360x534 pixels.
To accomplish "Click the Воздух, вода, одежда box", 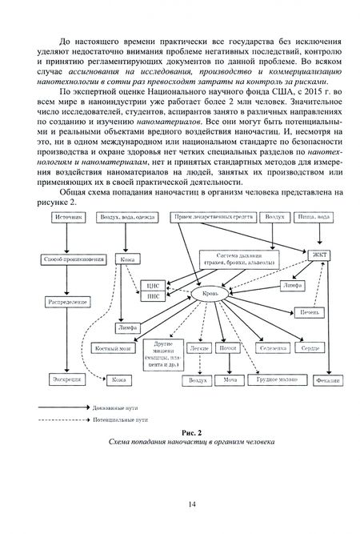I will click(x=126, y=217).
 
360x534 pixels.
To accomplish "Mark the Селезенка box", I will click(x=270, y=350).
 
